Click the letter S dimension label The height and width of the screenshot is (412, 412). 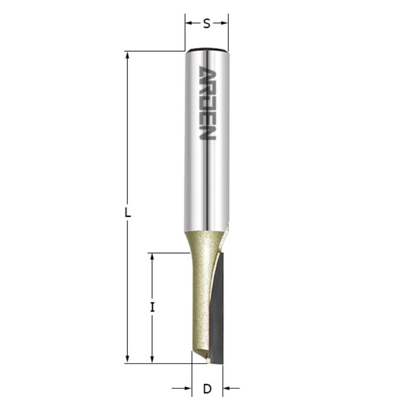[207, 24]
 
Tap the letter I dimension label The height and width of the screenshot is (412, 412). [152, 307]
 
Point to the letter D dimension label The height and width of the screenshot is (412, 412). [207, 389]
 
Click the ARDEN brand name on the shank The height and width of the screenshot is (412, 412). [207, 104]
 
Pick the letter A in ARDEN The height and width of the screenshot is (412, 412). [207, 73]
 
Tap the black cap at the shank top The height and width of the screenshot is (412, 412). [207, 50]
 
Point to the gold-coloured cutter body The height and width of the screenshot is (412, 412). [201, 288]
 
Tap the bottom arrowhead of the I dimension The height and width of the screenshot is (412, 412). [152, 359]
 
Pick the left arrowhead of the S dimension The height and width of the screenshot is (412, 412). [188, 23]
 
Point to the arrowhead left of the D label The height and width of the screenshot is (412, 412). [188, 388]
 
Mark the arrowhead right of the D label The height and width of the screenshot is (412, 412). [226, 388]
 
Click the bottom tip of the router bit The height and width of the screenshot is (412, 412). [208, 362]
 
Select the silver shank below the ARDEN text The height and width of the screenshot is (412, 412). [207, 180]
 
